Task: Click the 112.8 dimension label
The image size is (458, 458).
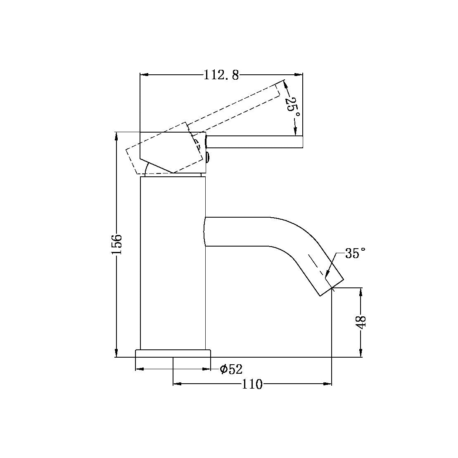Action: [221, 75]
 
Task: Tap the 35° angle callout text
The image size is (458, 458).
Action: [356, 253]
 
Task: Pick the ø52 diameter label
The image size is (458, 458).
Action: [231, 369]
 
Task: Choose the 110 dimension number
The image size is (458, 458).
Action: [252, 384]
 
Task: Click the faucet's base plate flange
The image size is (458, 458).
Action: [173, 354]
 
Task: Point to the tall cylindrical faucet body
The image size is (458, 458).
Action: [173, 264]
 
